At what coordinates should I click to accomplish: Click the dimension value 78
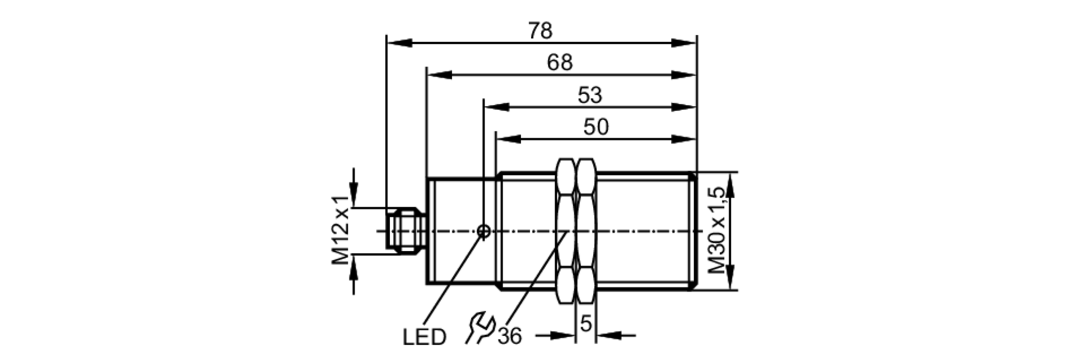click(x=540, y=31)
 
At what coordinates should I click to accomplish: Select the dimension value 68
click(x=560, y=63)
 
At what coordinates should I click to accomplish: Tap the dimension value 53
click(x=590, y=96)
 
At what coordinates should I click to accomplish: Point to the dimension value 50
click(x=595, y=128)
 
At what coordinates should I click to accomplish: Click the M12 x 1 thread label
click(x=340, y=230)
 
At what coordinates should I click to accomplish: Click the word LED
click(x=424, y=337)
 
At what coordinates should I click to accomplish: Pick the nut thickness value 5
click(x=586, y=323)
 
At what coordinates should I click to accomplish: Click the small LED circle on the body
click(x=484, y=231)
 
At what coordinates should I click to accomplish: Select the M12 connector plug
click(x=406, y=231)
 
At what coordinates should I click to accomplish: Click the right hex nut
click(x=586, y=231)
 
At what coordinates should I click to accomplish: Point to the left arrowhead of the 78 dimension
click(x=398, y=43)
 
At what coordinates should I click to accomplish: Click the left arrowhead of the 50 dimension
click(x=508, y=140)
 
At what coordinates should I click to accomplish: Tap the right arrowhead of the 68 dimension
click(x=684, y=75)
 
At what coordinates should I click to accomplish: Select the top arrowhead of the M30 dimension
click(x=730, y=184)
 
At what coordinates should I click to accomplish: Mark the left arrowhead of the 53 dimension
click(x=495, y=107)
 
